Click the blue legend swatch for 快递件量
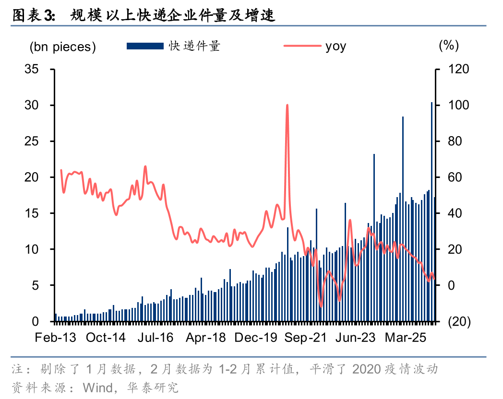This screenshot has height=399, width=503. (x=145, y=46)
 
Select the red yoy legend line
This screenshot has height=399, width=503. (x=302, y=46)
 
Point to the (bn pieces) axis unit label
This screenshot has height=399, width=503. (x=62, y=47)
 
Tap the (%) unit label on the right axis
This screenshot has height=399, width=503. (x=448, y=46)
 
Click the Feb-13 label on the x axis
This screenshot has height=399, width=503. (x=55, y=338)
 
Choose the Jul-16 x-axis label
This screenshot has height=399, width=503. (x=156, y=338)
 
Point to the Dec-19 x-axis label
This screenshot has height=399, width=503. (x=256, y=338)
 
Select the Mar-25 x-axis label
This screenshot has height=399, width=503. (x=406, y=338)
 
